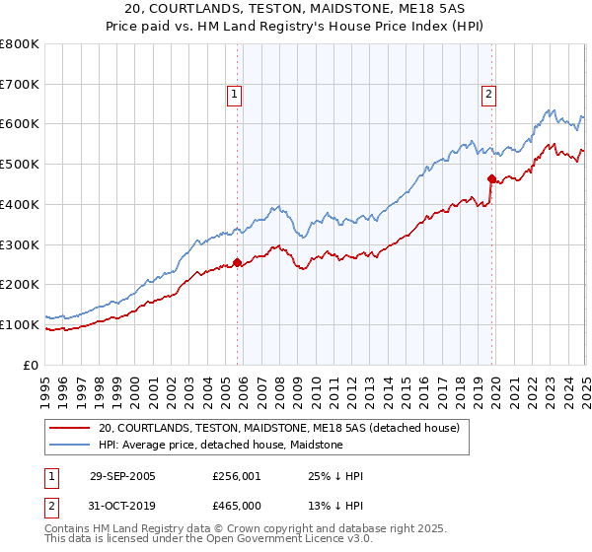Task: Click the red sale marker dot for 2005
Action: (237, 262)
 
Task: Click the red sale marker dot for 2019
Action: (491, 178)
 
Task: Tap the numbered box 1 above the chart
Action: (235, 95)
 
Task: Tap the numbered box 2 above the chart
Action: (488, 95)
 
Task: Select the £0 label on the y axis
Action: (31, 365)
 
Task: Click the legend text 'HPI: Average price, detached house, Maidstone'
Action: (220, 446)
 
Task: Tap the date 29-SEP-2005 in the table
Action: (122, 476)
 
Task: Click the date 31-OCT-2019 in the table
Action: (122, 505)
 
